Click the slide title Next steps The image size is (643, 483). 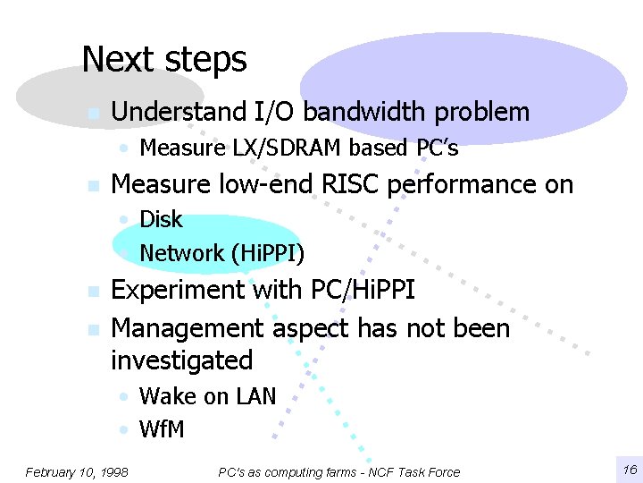[x=163, y=60]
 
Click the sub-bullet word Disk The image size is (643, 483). [x=161, y=219]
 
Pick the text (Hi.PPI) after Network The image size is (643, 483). [x=268, y=253]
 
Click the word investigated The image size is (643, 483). [x=181, y=360]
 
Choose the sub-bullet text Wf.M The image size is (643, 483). [x=162, y=429]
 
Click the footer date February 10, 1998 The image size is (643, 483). [x=77, y=471]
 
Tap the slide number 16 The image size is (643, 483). [x=629, y=470]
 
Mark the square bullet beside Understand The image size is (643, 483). [x=91, y=114]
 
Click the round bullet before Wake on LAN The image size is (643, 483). [x=126, y=396]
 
